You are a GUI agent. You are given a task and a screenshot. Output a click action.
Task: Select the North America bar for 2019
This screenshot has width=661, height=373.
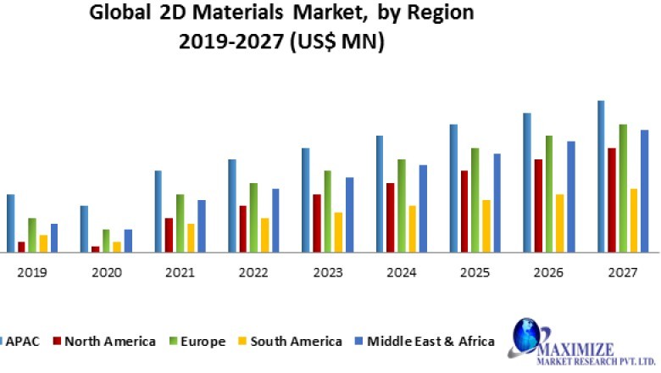click(x=21, y=247)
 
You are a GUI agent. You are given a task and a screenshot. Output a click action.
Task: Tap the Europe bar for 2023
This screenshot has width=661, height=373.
click(x=327, y=211)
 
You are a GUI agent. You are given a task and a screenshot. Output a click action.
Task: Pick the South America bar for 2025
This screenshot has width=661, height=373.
click(x=486, y=226)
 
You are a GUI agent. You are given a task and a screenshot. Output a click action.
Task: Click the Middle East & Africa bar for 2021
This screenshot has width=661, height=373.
click(x=202, y=226)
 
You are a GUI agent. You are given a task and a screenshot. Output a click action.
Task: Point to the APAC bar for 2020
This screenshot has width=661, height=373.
click(x=84, y=229)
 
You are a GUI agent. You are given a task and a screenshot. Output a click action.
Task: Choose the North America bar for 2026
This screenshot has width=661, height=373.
click(x=537, y=206)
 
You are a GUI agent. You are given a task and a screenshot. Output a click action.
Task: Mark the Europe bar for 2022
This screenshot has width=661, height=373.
click(x=253, y=218)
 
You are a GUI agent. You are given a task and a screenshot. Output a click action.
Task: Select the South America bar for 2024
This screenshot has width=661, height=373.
click(x=412, y=229)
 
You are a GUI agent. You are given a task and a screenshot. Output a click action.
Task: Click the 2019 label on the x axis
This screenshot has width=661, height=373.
click(x=32, y=273)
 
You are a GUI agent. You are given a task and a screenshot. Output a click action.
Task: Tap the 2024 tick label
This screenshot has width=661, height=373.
click(x=402, y=273)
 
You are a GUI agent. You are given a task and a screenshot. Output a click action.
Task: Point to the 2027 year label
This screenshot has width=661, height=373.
click(x=623, y=273)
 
